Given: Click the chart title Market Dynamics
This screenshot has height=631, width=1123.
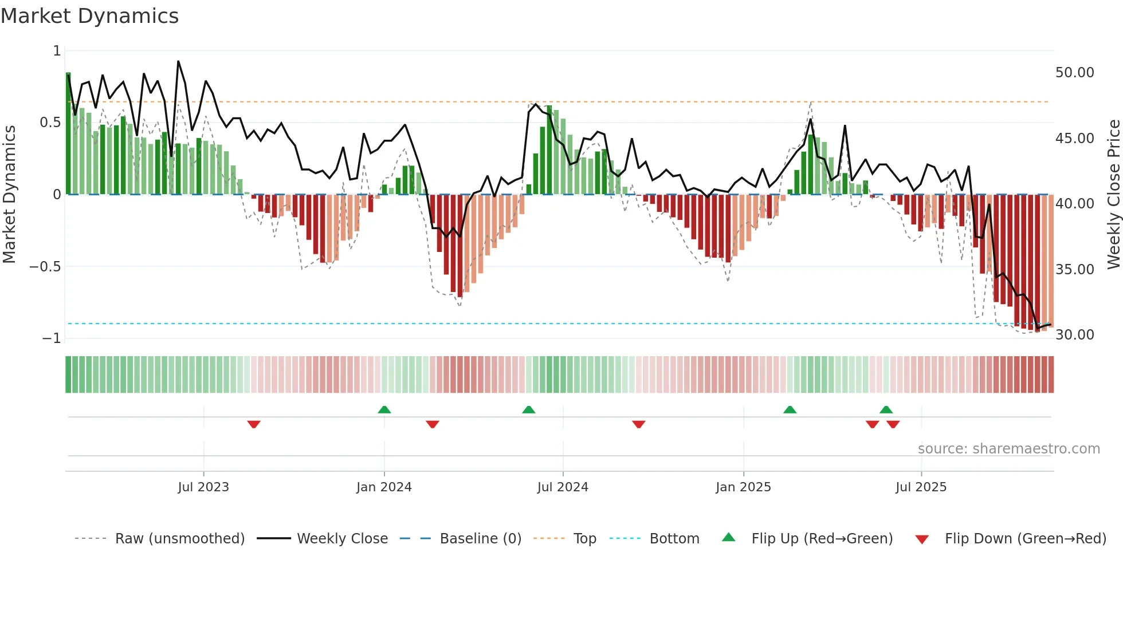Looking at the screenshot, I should click(x=90, y=16).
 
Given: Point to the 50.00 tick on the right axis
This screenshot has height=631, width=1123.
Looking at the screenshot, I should click(x=1074, y=73).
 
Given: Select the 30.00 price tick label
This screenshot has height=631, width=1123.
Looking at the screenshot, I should click(x=1074, y=335).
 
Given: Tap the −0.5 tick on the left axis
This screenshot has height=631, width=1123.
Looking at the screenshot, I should click(x=45, y=267).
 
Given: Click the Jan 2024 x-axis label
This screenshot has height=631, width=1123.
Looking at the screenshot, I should click(x=384, y=487).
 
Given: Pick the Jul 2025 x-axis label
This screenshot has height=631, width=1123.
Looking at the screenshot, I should click(x=921, y=487).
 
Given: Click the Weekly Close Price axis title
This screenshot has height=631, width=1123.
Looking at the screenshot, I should click(x=1113, y=195).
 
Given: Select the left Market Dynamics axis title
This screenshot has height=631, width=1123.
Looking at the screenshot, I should click(x=9, y=195).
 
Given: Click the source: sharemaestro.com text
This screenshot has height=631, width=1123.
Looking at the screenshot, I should click(x=1008, y=449).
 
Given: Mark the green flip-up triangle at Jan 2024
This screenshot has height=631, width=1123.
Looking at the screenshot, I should click(x=384, y=409).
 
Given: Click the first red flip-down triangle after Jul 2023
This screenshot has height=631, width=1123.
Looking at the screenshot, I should click(x=254, y=424).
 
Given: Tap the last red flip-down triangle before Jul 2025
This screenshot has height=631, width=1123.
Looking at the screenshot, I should click(x=893, y=424).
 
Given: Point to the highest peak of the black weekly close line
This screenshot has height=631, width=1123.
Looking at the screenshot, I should click(x=178, y=61).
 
